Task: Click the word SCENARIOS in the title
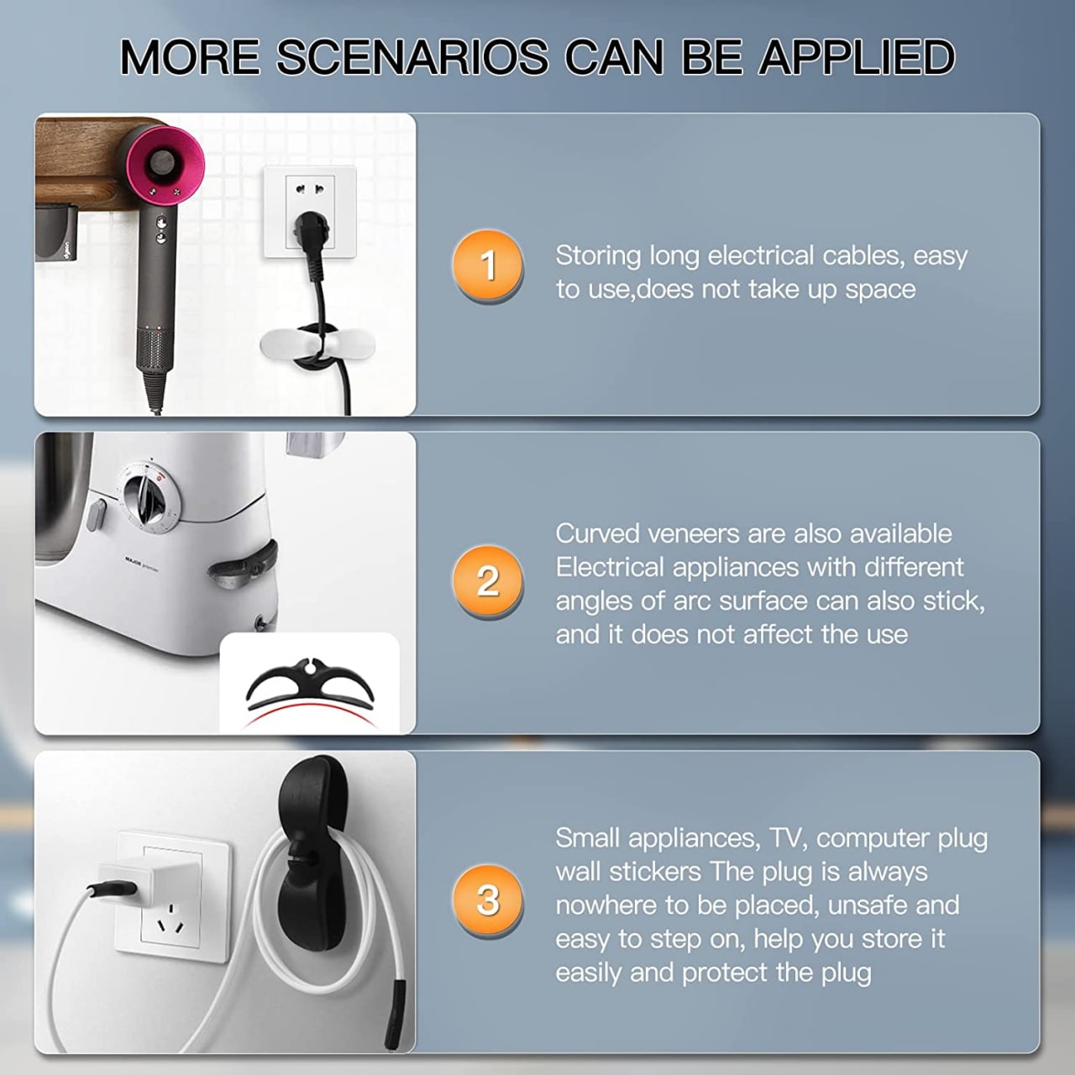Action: (412, 57)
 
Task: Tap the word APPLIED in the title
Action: (857, 57)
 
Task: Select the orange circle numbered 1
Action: (488, 265)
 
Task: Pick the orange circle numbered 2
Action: (488, 580)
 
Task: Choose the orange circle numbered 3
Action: (488, 899)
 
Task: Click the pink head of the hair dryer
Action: (165, 162)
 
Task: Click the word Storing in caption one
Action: (598, 257)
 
